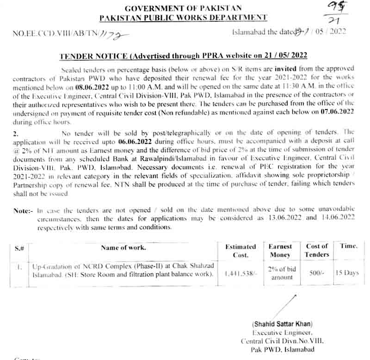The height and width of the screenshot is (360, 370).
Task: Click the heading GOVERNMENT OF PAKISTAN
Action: click(x=184, y=8)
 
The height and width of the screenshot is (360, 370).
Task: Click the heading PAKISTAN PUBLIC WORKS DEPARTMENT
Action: click(x=184, y=18)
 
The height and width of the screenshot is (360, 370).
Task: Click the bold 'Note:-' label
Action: click(x=23, y=211)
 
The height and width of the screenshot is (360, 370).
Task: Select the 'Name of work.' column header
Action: click(x=123, y=248)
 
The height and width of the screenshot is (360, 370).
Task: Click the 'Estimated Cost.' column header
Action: click(x=240, y=251)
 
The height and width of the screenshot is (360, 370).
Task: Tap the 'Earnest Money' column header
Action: click(x=280, y=251)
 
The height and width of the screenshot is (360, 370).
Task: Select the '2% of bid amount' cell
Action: click(x=282, y=273)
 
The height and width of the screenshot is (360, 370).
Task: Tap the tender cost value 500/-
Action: click(x=316, y=273)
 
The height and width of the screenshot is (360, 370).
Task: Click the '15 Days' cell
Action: click(x=347, y=273)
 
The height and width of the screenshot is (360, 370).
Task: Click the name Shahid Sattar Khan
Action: click(x=283, y=324)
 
